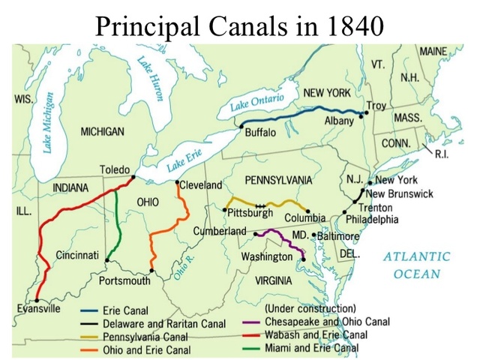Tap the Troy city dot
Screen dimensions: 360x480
pyautogui.click(x=367, y=113)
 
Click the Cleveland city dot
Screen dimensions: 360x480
pyautogui.click(x=177, y=182)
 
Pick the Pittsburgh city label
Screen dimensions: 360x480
pyautogui.click(x=253, y=213)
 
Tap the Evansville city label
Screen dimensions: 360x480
pyautogui.click(x=39, y=307)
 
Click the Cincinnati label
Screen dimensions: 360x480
pyautogui.click(x=77, y=255)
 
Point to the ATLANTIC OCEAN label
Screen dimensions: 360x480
pyautogui.click(x=417, y=265)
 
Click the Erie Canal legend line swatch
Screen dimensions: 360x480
pyautogui.click(x=91, y=310)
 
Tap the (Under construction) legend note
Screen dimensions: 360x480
pyautogui.click(x=308, y=308)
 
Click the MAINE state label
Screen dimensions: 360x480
pyautogui.click(x=433, y=51)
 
